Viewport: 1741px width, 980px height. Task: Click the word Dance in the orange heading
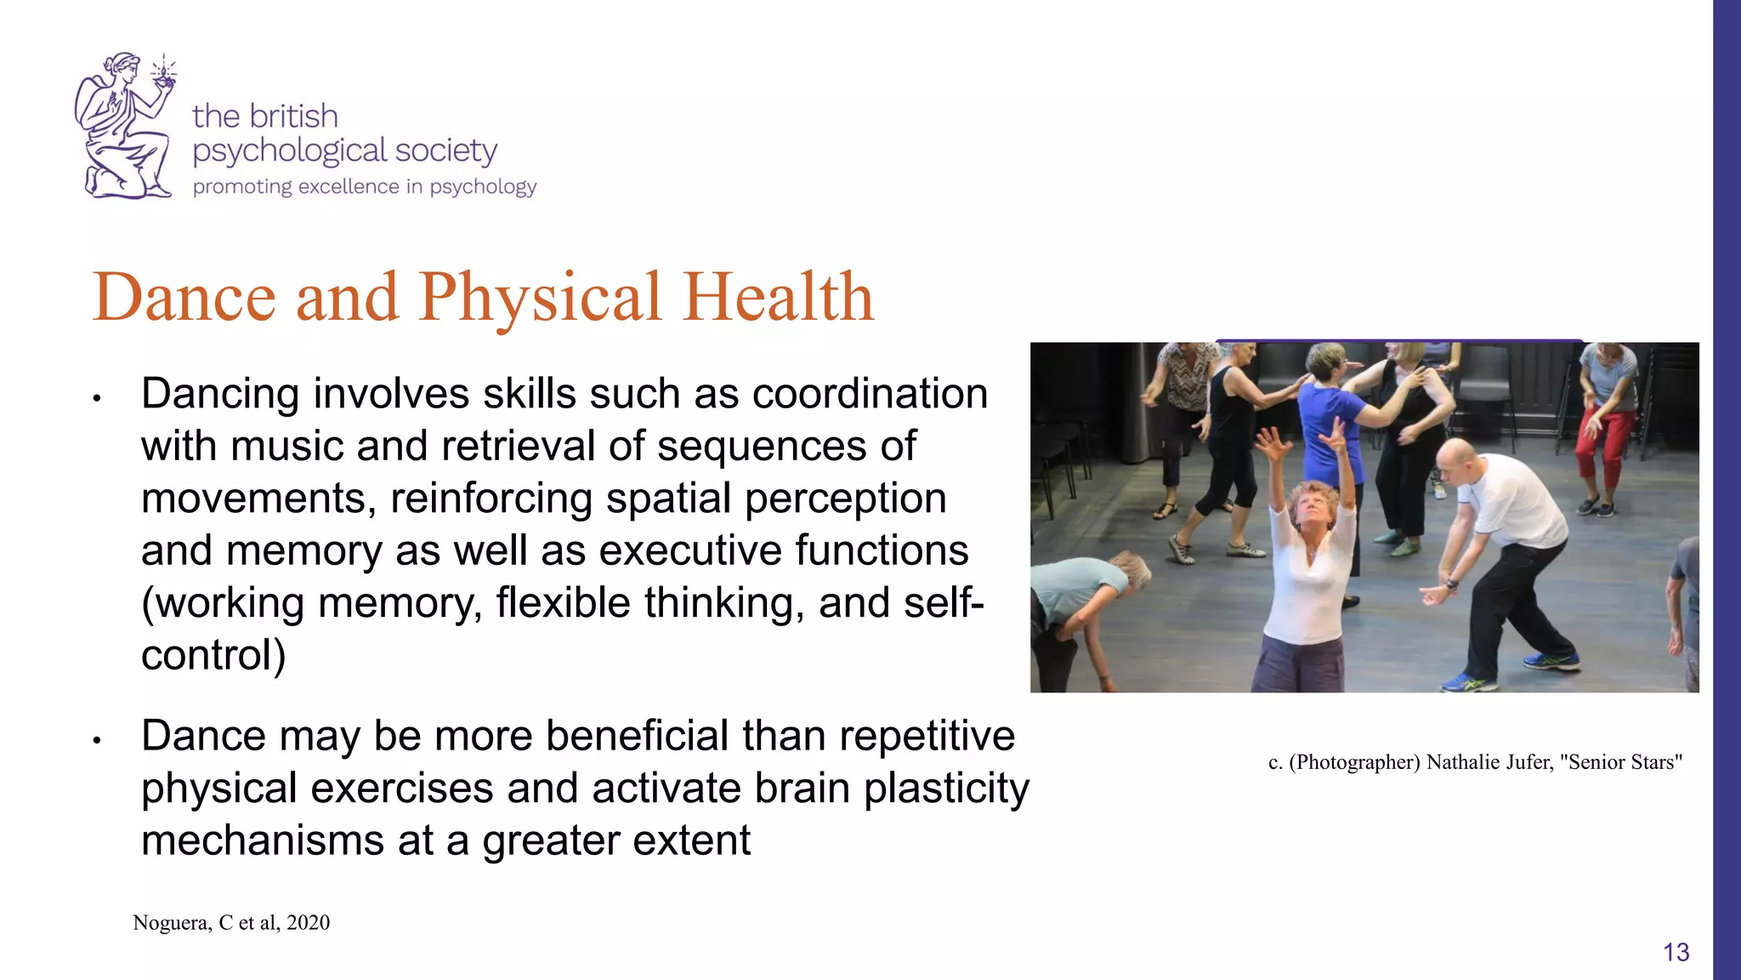coord(184,297)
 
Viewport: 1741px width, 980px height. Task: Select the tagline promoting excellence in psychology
coord(364,187)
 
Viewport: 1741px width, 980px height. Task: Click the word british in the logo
coord(293,117)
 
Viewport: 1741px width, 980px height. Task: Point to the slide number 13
coord(1676,952)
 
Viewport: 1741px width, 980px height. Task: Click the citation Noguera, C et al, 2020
coord(231,923)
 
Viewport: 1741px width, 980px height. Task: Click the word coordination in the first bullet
coord(870,394)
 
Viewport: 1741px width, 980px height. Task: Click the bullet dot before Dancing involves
coord(98,398)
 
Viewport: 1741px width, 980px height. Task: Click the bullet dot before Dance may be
coord(98,740)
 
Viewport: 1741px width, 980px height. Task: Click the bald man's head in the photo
coord(1456,460)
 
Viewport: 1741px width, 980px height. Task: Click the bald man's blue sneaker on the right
coord(1553,660)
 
